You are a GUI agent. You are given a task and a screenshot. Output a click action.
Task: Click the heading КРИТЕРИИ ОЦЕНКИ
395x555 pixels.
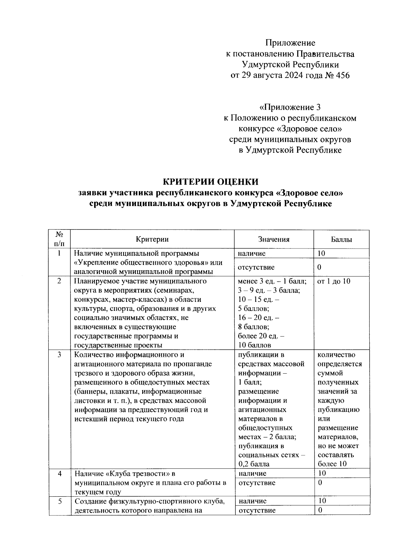[211, 182]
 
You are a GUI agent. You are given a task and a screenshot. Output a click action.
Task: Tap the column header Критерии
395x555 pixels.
[152, 239]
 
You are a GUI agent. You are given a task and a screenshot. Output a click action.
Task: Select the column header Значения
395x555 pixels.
[274, 239]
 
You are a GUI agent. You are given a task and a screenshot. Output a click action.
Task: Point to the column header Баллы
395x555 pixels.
[341, 239]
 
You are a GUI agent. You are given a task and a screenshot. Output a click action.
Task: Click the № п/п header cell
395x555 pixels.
[60, 239]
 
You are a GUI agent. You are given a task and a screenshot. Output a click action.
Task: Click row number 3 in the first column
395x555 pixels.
[59, 355]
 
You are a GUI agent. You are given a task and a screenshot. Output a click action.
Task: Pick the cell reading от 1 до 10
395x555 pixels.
[334, 281]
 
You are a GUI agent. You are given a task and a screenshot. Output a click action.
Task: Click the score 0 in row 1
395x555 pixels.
[319, 267]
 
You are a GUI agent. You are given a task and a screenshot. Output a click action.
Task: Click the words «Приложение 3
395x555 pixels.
[290, 107]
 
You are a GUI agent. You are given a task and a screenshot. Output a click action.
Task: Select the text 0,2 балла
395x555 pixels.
[254, 464]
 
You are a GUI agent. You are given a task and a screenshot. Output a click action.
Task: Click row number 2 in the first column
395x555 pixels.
[59, 281]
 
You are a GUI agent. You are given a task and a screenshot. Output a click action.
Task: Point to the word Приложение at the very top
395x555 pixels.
[290, 43]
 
